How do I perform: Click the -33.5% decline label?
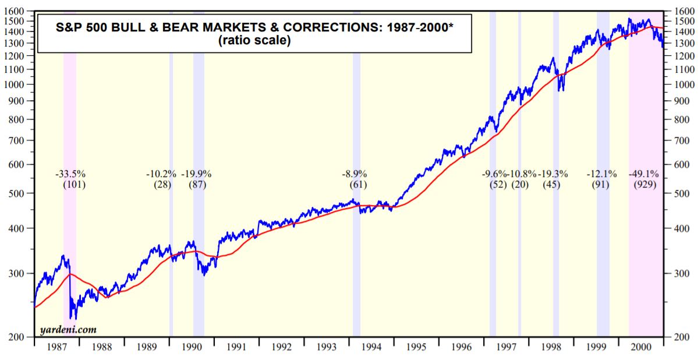coord(70,174)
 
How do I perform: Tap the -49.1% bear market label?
coord(643,174)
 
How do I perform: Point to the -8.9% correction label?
coord(356,174)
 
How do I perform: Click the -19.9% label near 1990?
coord(197,174)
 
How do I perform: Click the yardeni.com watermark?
coord(68,330)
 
